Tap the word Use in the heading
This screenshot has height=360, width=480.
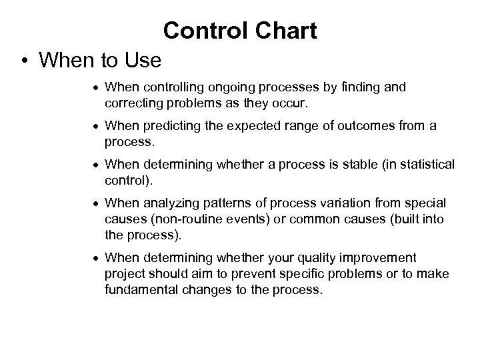pos(143,61)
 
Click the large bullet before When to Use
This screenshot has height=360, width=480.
pos(23,61)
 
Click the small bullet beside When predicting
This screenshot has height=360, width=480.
pos(97,127)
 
